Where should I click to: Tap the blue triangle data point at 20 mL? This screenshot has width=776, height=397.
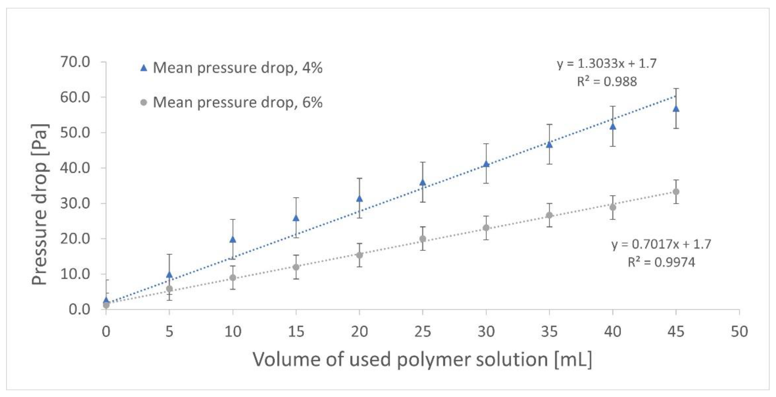(x=359, y=198)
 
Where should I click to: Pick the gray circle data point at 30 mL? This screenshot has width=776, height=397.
(x=486, y=228)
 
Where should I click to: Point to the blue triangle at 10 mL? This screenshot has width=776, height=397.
(x=233, y=240)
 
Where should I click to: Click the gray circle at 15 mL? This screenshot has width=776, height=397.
(x=296, y=267)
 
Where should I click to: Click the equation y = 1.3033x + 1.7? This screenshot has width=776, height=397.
(x=606, y=64)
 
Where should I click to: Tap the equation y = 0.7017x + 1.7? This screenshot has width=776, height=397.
(x=661, y=244)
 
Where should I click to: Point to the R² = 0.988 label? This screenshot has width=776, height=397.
(x=607, y=82)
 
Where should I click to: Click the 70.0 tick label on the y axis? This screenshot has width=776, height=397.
(x=75, y=62)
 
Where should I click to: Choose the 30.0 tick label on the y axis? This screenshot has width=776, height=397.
(x=75, y=204)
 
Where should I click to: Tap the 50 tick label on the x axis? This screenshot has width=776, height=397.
(x=739, y=332)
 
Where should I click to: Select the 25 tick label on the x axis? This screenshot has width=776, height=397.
(x=423, y=332)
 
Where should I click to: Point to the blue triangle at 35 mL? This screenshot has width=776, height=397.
(x=550, y=145)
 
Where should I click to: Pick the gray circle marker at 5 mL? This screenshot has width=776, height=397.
(x=170, y=289)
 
